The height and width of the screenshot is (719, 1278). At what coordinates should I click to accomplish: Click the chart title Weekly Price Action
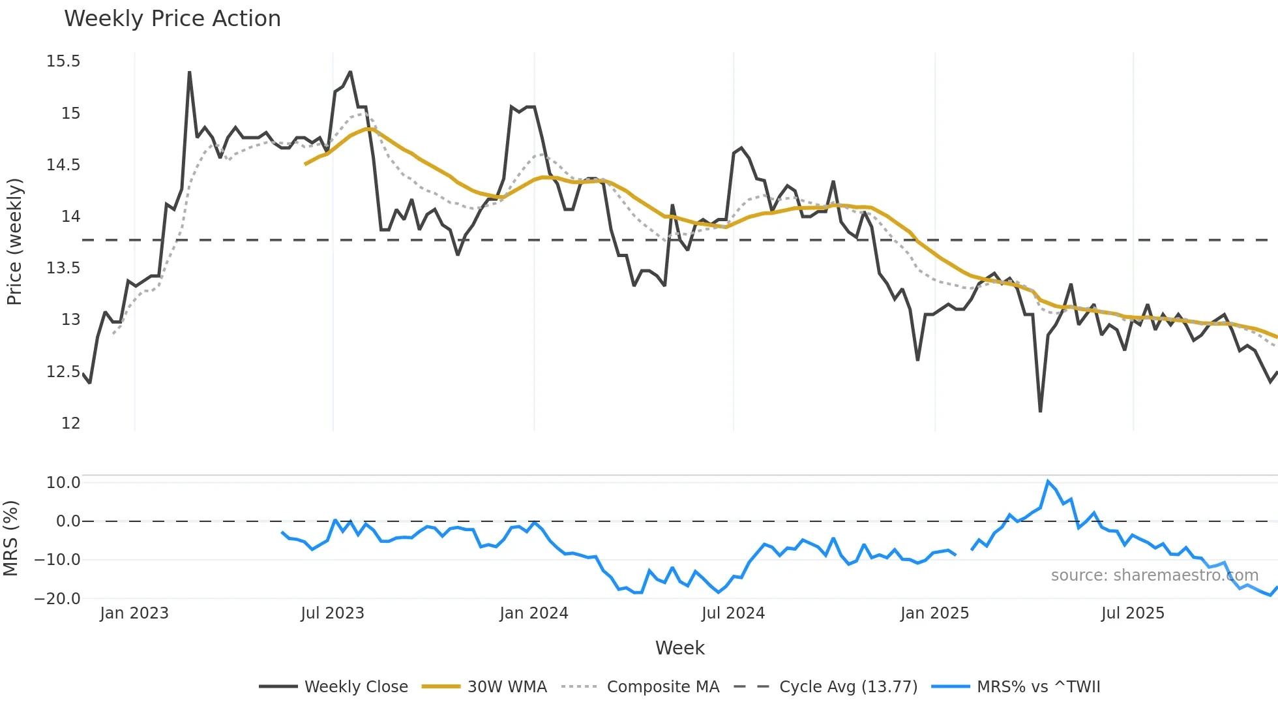click(172, 19)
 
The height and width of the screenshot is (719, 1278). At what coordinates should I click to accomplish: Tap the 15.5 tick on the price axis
click(63, 61)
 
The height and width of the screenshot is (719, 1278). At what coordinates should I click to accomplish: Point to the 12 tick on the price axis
click(70, 423)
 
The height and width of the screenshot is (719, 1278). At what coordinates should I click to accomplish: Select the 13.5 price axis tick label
click(63, 268)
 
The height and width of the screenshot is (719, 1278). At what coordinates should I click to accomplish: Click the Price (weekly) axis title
click(14, 241)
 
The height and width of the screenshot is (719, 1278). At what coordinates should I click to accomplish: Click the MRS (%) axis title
click(10, 538)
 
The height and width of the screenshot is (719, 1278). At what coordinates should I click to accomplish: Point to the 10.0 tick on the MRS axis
click(63, 483)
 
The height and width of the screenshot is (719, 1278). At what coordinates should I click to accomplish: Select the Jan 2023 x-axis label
click(134, 613)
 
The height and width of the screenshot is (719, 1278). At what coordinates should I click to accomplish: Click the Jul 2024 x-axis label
click(733, 613)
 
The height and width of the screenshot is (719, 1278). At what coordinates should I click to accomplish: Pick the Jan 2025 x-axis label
click(934, 613)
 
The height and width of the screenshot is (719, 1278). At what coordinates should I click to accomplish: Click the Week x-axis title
click(679, 648)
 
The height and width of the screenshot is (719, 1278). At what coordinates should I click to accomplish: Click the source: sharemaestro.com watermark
click(1154, 575)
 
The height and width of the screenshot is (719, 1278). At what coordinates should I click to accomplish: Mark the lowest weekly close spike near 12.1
click(1040, 411)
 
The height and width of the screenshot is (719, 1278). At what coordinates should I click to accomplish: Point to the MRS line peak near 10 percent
click(1048, 482)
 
